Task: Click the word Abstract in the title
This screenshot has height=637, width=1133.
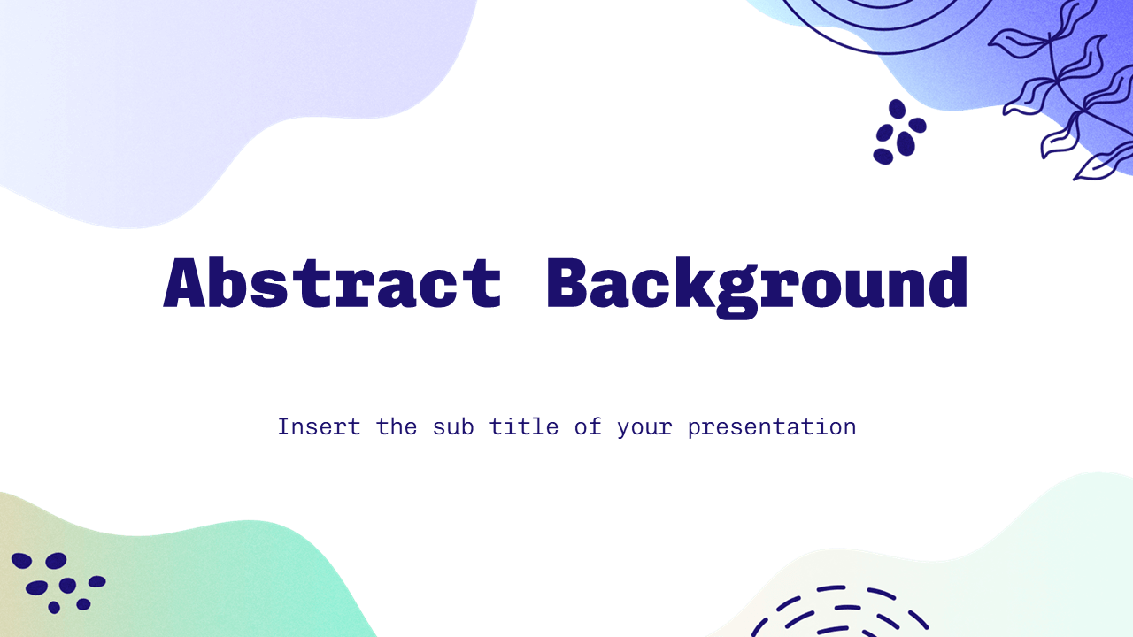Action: (x=333, y=283)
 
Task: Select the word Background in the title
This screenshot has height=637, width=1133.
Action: (x=757, y=285)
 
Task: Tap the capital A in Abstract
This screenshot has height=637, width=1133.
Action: (x=188, y=283)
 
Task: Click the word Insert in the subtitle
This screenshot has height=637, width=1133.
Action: (x=319, y=426)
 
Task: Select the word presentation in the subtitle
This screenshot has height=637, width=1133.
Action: (x=772, y=427)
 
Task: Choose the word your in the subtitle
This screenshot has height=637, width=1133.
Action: (x=644, y=427)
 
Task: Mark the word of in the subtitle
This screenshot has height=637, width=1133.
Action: (x=588, y=426)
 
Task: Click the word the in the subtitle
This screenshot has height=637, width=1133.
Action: (x=397, y=426)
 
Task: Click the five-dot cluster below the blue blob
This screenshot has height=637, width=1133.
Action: (x=899, y=134)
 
